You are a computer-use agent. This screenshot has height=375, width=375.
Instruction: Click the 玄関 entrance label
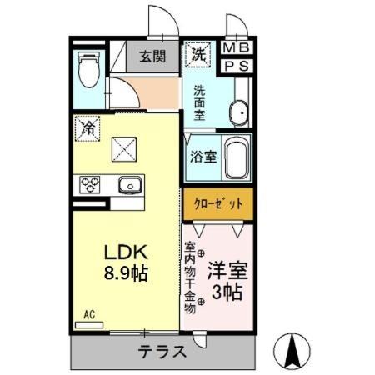click(152, 57)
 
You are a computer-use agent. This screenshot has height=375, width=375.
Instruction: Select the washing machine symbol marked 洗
click(199, 54)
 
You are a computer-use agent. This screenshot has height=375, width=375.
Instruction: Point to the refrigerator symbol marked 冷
click(87, 127)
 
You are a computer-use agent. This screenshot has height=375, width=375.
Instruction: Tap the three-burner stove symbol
click(88, 184)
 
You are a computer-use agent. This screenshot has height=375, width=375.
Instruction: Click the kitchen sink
click(129, 184)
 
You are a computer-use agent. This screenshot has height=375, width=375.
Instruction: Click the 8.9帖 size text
click(126, 273)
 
